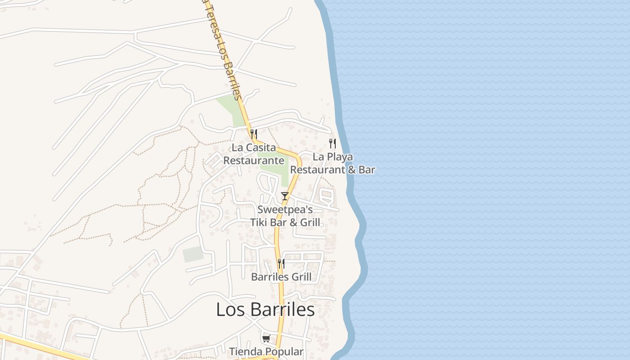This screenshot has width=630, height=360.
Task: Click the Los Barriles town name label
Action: pos(265,310)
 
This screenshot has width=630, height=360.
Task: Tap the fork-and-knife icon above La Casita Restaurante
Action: pos(254,134)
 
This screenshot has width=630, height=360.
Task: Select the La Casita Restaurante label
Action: pos(254,154)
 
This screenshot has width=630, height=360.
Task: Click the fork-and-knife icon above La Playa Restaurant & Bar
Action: pos(333,144)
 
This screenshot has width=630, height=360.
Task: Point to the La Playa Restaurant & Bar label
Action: pos(333,163)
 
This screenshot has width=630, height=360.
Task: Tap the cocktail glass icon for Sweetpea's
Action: pos(285,196)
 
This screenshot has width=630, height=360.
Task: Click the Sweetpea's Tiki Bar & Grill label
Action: pos(285,216)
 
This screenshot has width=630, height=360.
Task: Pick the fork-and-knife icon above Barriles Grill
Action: pos(281,263)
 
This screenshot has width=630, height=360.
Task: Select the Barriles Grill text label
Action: pos(281,277)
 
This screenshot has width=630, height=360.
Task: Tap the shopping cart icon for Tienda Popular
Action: pos(266,338)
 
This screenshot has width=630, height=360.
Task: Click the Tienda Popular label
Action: pos(266,351)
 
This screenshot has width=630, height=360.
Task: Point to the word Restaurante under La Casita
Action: pos(254,161)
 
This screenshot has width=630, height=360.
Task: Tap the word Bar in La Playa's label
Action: pos(367,170)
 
